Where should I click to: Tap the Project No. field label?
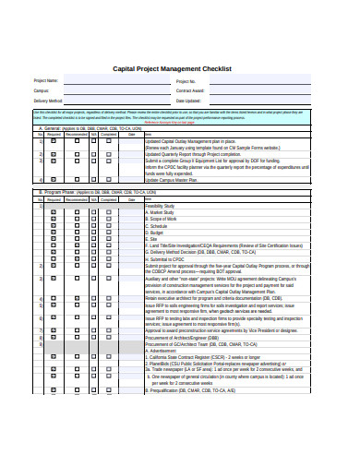pyautogui.click(x=186, y=81)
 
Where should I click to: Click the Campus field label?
pyautogui.click(x=42, y=90)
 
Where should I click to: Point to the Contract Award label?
pyautogui.click(x=190, y=90)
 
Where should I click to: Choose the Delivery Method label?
pyautogui.click(x=49, y=100)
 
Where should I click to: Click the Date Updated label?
pyautogui.click(x=188, y=100)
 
